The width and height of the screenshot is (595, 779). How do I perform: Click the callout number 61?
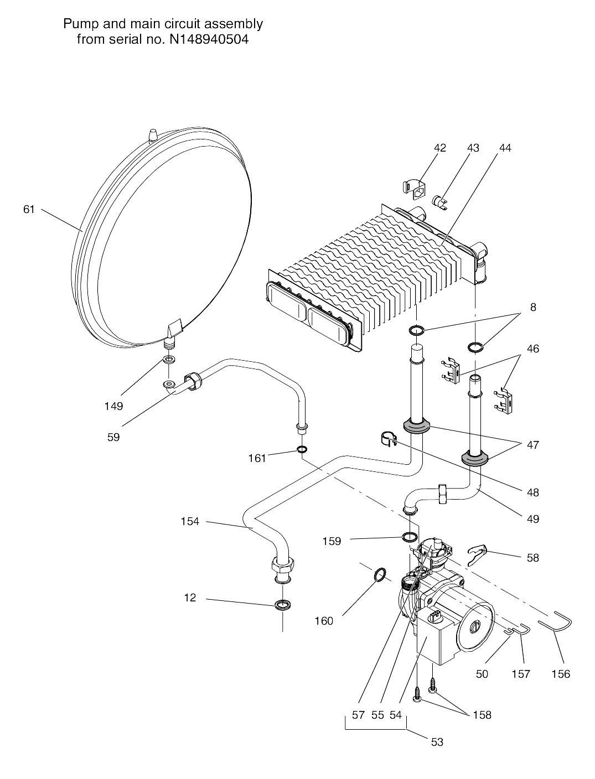click(x=29, y=209)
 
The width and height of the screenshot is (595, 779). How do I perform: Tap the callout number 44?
click(x=505, y=148)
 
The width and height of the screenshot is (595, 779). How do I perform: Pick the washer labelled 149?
click(x=168, y=360)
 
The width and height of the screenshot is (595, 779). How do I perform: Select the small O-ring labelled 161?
click(x=302, y=449)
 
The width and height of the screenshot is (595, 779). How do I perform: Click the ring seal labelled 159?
click(x=410, y=536)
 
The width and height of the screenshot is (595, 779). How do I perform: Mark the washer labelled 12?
click(x=283, y=604)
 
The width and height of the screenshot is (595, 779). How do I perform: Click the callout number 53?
click(x=437, y=742)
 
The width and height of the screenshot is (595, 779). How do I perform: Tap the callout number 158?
click(x=482, y=715)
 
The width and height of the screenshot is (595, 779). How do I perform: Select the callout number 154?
click(x=190, y=521)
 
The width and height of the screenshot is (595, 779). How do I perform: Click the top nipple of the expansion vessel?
click(x=154, y=135)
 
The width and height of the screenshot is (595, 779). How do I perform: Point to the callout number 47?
click(x=533, y=445)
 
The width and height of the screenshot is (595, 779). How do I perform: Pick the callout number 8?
click(x=533, y=307)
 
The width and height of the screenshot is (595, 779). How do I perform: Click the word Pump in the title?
click(x=78, y=24)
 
